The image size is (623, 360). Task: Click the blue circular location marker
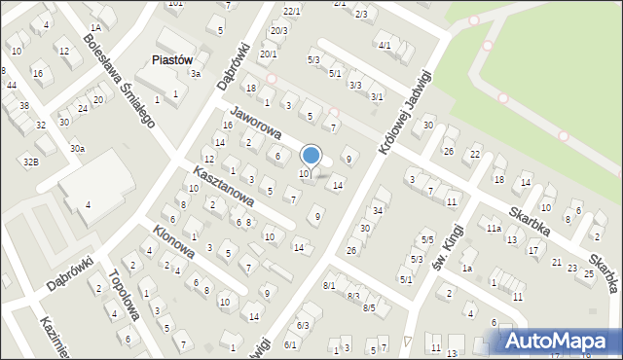(x=311, y=155)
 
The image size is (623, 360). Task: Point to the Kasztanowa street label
(x=223, y=185)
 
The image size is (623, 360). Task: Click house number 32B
(x=31, y=161)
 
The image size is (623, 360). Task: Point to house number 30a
(x=77, y=148)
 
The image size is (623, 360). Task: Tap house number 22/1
(x=291, y=11)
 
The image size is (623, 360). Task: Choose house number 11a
(x=495, y=228)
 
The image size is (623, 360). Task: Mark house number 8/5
(x=369, y=307)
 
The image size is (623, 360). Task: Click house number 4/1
(x=385, y=45)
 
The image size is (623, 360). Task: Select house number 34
(x=378, y=210)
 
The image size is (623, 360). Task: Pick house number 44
(x=11, y=86)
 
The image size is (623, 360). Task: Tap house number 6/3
(x=303, y=325)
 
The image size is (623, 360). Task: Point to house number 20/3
(x=278, y=31)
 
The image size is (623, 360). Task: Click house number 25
(x=588, y=273)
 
